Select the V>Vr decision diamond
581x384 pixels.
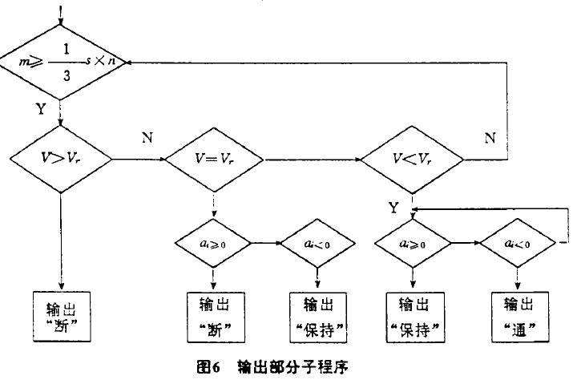tap(62, 160)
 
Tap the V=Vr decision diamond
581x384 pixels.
tap(214, 160)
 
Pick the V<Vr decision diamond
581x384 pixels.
tap(411, 160)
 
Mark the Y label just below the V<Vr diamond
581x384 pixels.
tap(393, 207)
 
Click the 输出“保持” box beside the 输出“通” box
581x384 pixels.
tap(413, 314)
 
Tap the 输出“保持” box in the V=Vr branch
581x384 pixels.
tap(319, 314)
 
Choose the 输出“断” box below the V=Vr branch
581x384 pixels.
tap(214, 314)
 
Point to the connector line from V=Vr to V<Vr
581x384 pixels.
tap(313, 160)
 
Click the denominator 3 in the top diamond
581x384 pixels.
tap(63, 74)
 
